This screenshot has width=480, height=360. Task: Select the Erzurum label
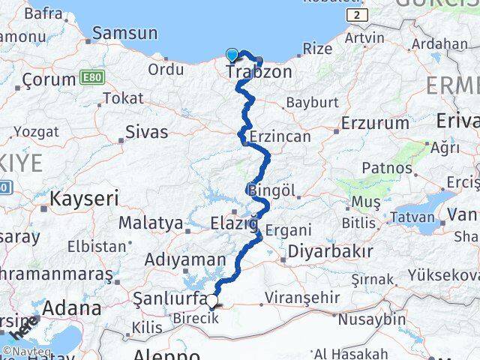pos(371,122)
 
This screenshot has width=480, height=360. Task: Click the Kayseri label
pos(84,199)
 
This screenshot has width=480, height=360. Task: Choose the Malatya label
pos(150,223)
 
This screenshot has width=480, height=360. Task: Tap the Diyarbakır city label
pos(331,251)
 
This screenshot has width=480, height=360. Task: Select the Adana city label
pos(72,308)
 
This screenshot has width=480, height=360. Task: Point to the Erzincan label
pos(279,136)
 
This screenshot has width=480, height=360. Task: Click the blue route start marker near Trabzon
pos(232,54)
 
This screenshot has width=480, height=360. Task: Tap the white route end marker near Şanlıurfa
pos(213,302)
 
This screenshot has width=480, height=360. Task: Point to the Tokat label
pos(123,98)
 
